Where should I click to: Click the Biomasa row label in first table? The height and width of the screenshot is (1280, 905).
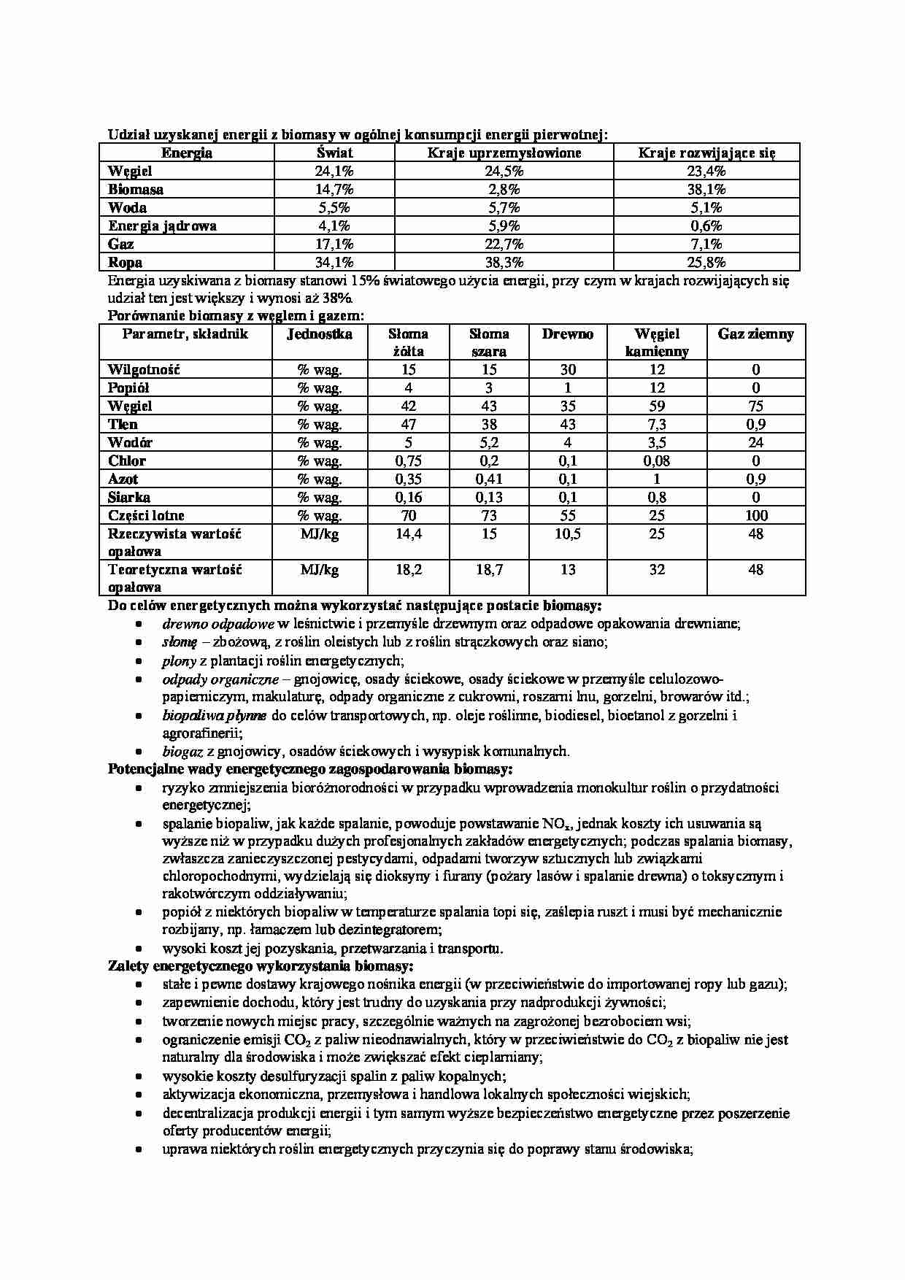click(136, 190)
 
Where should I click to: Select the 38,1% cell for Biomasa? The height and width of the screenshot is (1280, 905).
click(706, 190)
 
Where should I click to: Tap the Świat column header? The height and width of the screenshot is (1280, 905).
click(334, 153)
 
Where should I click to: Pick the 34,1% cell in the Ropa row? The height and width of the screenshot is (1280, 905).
click(334, 263)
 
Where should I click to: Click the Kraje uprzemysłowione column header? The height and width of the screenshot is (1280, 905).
click(504, 153)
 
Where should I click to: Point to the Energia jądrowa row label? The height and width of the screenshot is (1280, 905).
click(162, 226)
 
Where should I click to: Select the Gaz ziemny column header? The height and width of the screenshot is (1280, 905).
click(755, 334)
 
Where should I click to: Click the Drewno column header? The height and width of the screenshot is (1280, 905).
click(567, 334)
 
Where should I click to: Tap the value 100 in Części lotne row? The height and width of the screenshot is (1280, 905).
click(756, 516)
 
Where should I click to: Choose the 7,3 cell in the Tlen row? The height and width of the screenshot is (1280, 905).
click(657, 425)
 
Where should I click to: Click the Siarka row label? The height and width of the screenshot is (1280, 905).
click(129, 498)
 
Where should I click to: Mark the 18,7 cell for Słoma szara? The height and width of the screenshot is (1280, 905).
click(489, 570)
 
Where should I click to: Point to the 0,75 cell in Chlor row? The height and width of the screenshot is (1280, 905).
click(409, 461)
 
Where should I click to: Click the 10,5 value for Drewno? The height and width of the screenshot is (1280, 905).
click(567, 534)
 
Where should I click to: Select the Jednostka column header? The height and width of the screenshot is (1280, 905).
click(319, 334)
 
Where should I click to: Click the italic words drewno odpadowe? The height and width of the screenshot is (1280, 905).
click(217, 625)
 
